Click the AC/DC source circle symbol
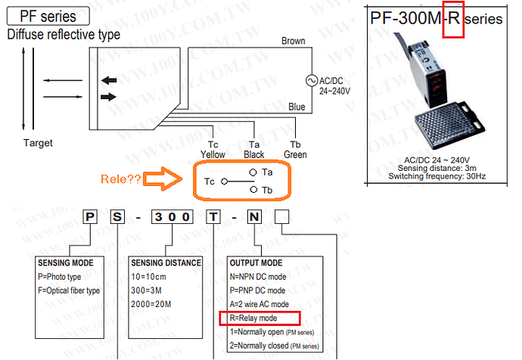coord(310,81)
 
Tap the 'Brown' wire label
coord(293,41)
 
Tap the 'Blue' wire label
coord(297,107)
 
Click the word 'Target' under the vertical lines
coord(38,143)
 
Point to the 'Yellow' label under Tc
coord(213,154)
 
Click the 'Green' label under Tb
coord(295,154)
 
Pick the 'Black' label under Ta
coord(254,154)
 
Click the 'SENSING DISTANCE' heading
coord(166,262)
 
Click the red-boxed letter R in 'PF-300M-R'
coord(451,18)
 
